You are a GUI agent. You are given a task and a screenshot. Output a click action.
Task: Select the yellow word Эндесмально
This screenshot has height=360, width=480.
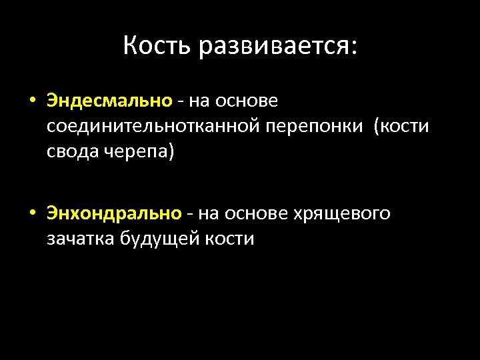[109, 101]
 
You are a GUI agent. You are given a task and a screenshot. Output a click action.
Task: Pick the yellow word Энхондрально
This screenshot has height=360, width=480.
[114, 213]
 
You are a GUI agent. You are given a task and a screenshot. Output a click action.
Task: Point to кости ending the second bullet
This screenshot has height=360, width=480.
[229, 239]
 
